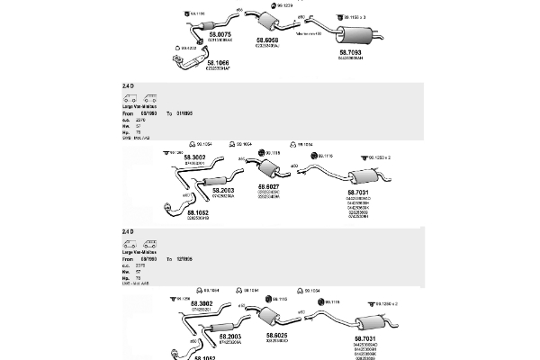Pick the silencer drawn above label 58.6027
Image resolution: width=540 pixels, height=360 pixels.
tap(268, 169)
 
